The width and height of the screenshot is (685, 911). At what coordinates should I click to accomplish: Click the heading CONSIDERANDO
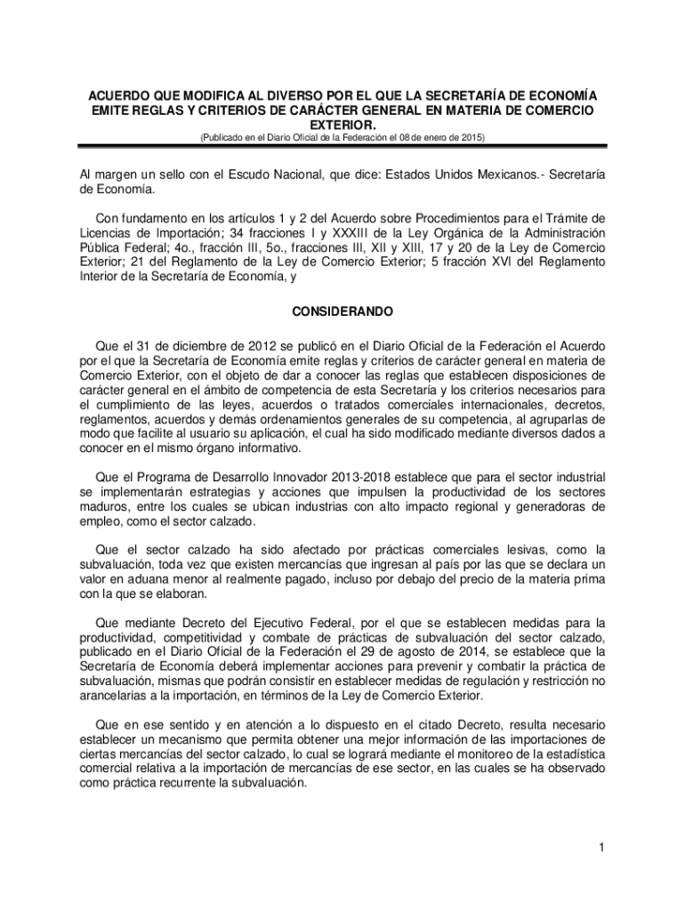point(342,313)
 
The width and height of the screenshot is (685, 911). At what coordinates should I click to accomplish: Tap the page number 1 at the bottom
point(602,847)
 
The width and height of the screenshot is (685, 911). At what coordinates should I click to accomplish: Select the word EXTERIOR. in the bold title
point(342,125)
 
